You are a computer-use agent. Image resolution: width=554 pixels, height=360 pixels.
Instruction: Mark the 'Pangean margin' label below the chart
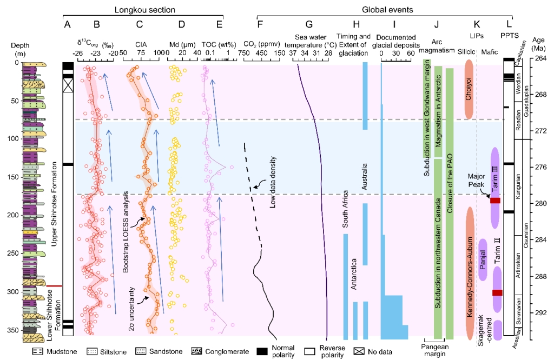point(437,350)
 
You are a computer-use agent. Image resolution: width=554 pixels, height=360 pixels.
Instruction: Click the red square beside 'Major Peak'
point(494,201)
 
